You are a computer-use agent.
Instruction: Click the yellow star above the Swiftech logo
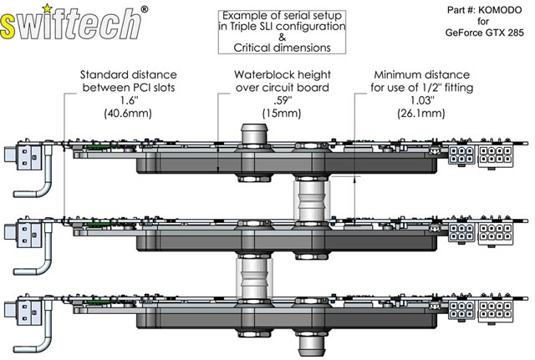pyautogui.click(x=48, y=8)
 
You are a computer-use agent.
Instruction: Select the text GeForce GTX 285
pyautogui.click(x=484, y=33)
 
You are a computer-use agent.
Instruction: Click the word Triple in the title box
pyautogui.click(x=244, y=27)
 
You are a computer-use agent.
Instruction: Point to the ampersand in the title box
pyautogui.click(x=282, y=37)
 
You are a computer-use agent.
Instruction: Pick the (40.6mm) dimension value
pyautogui.click(x=128, y=113)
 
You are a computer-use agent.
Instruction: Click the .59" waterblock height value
pyautogui.click(x=283, y=100)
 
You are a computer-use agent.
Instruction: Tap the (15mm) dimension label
pyautogui.click(x=282, y=113)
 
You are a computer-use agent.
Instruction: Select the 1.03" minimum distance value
pyautogui.click(x=422, y=100)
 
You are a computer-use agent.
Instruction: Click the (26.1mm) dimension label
pyautogui.click(x=421, y=113)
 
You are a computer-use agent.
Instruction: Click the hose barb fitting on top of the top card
pyautogui.click(x=254, y=135)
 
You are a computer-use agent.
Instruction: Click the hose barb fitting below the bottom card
pyautogui.click(x=312, y=346)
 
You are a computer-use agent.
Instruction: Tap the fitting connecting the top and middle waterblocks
pyautogui.click(x=312, y=200)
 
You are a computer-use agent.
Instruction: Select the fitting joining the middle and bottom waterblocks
pyautogui.click(x=254, y=278)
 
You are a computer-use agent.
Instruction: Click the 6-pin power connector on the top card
pyautogui.click(x=461, y=154)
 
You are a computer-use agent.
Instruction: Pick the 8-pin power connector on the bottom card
pyautogui.click(x=495, y=310)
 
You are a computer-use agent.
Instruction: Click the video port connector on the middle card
pyautogui.click(x=23, y=232)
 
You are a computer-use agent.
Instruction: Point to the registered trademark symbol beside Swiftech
pyautogui.click(x=145, y=9)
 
